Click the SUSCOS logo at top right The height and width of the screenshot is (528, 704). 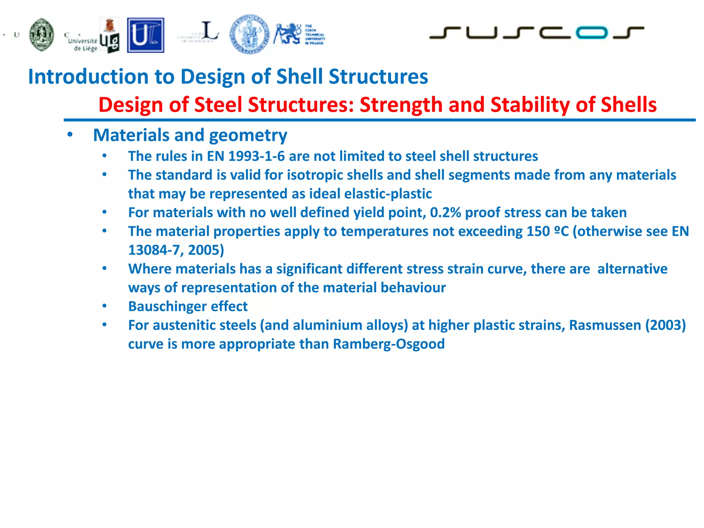pos(536,33)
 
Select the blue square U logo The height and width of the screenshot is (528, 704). pos(145,35)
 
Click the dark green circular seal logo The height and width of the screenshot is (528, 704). pos(42,35)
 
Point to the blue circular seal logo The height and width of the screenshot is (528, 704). pos(250,34)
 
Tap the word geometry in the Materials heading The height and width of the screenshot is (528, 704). pos(248,135)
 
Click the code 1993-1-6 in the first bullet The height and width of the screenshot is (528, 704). pos(256,156)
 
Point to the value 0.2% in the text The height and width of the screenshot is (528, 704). pos(445,212)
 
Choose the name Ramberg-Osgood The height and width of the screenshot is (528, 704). pos(389,344)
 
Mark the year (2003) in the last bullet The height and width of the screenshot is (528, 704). pos(665,325)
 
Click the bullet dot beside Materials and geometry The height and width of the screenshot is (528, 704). pos(70,135)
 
